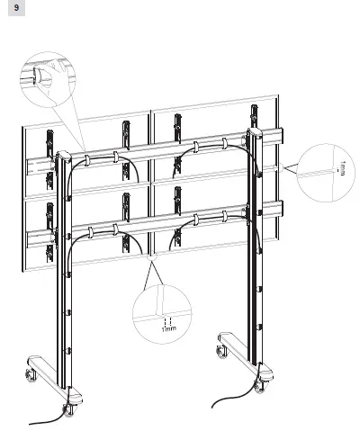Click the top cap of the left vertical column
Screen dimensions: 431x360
(x=63, y=154)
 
